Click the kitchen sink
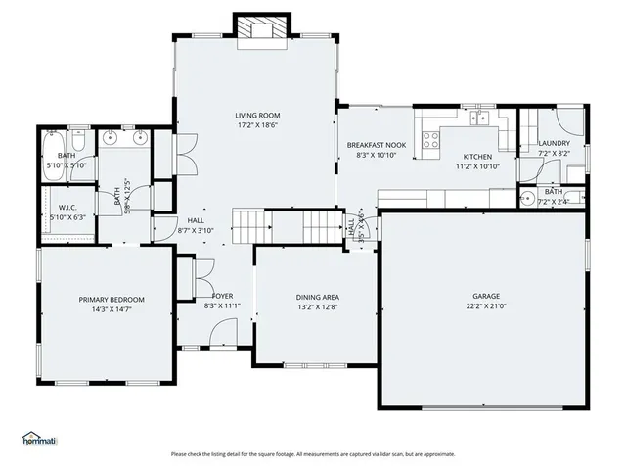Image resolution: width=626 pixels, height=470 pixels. pos(478,119)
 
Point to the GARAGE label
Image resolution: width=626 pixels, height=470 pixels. pos(486,296)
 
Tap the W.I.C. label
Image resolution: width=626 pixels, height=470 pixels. pos(67,207)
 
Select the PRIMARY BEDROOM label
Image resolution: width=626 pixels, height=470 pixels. pos(112,300)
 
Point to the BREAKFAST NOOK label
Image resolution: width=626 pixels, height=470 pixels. pos(376,145)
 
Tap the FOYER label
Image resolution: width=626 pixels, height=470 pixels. pos(222,296)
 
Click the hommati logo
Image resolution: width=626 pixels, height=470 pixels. pos(39,438)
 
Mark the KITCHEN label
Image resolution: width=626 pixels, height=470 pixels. pos(477,157)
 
